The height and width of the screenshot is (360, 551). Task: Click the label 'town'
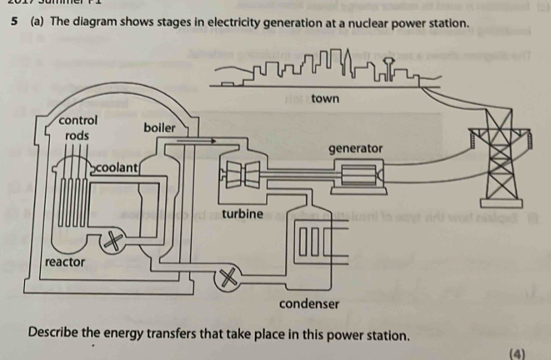pyautogui.click(x=324, y=98)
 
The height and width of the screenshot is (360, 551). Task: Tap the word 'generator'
pyautogui.click(x=355, y=148)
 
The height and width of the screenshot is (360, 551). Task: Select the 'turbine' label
pyautogui.click(x=243, y=214)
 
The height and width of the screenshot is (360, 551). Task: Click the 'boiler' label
pyautogui.click(x=160, y=127)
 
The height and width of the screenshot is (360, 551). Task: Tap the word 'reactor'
pyautogui.click(x=65, y=262)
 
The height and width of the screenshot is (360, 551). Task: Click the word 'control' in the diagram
pyautogui.click(x=78, y=120)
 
